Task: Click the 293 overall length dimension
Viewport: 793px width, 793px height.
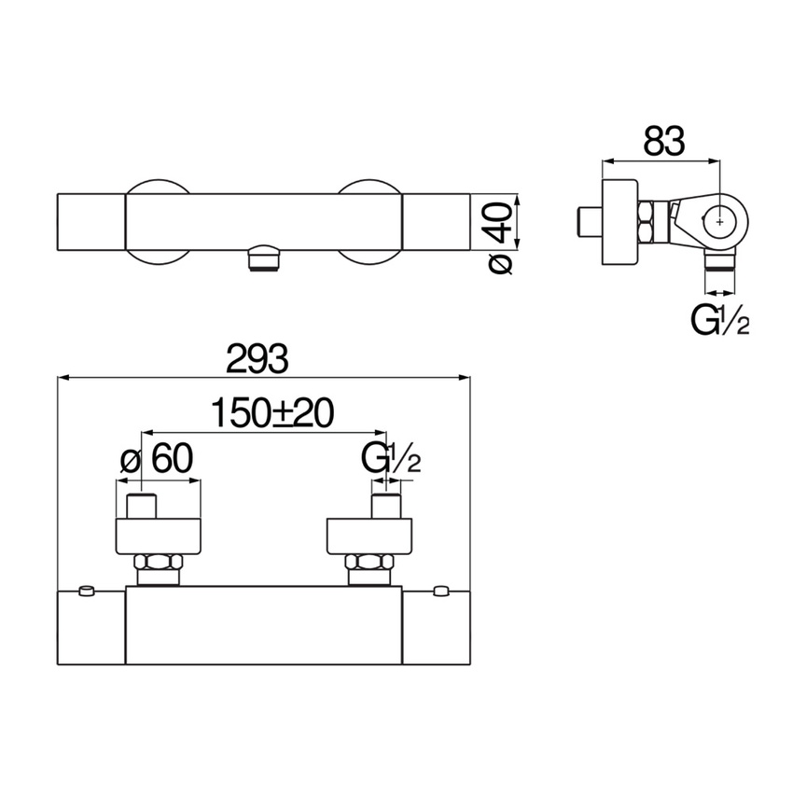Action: (x=257, y=358)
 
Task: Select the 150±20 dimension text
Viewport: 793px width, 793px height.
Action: (x=272, y=412)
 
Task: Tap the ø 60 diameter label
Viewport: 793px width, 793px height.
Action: (x=158, y=458)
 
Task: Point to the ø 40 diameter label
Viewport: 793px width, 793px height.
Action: (x=501, y=238)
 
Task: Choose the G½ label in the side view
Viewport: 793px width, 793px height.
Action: (x=719, y=320)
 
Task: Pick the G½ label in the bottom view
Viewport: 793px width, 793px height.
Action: (x=391, y=458)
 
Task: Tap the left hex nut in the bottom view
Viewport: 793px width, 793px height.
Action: (x=158, y=562)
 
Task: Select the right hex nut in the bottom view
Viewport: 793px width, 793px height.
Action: (x=369, y=562)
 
